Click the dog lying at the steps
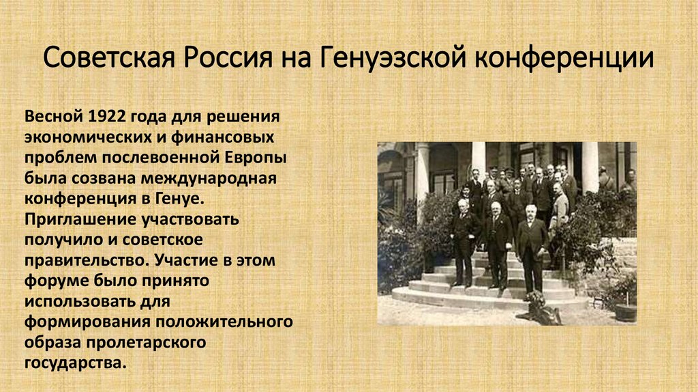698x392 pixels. [x=539, y=308]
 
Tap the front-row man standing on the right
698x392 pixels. [x=531, y=246]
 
